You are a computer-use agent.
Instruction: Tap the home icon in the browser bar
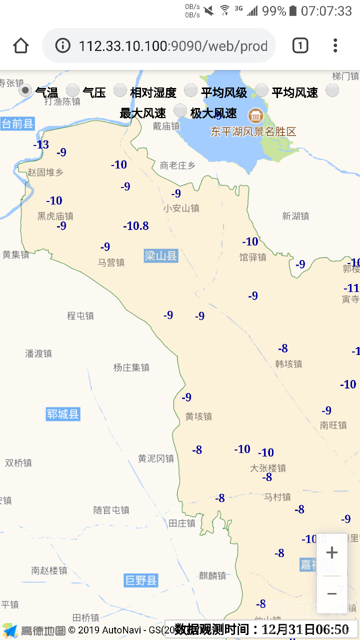tap(20, 45)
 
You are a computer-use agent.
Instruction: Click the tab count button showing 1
tap(299, 45)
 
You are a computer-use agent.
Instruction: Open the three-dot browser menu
tap(335, 45)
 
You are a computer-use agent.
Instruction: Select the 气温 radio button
tap(25, 90)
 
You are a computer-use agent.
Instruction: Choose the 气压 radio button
tap(73, 90)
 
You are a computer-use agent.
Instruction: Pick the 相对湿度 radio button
tap(120, 90)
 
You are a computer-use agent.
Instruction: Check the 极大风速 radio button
tap(180, 111)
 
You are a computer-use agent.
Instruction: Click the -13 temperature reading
tap(41, 145)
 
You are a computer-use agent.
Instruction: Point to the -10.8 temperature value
tap(136, 226)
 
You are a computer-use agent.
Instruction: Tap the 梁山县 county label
tap(160, 256)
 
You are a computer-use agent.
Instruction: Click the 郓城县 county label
tap(63, 414)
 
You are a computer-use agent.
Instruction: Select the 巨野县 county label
tap(141, 580)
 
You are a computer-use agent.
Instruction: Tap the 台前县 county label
tap(17, 123)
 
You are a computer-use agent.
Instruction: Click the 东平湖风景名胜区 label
tap(253, 132)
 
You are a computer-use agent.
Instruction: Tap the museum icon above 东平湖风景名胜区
tap(256, 116)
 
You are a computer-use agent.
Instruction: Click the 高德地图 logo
tap(34, 630)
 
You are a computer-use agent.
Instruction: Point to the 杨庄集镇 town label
tap(131, 367)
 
